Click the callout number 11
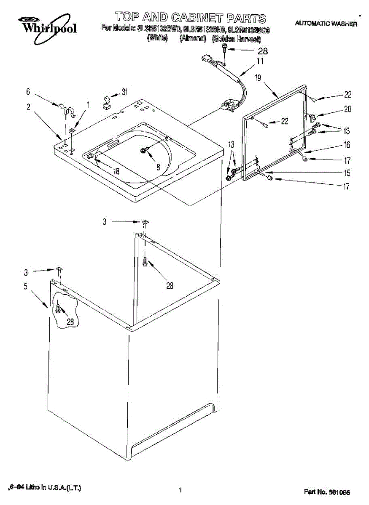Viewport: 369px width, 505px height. (260, 61)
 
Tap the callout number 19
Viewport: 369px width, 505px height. (258, 77)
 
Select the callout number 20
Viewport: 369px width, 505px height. (347, 109)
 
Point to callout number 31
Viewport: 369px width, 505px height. (124, 91)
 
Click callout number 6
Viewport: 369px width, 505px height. (28, 91)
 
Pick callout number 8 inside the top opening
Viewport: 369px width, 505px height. (158, 166)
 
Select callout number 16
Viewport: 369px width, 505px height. (347, 145)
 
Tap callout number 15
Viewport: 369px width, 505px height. (347, 173)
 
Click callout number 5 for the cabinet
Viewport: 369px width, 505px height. (25, 287)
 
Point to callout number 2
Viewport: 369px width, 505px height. (28, 107)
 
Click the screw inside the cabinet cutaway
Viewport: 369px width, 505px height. (58, 310)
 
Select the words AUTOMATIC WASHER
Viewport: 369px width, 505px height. (326, 24)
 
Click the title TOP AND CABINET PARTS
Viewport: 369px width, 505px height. (191, 18)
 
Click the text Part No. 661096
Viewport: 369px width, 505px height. (327, 492)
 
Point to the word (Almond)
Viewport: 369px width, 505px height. (193, 39)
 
